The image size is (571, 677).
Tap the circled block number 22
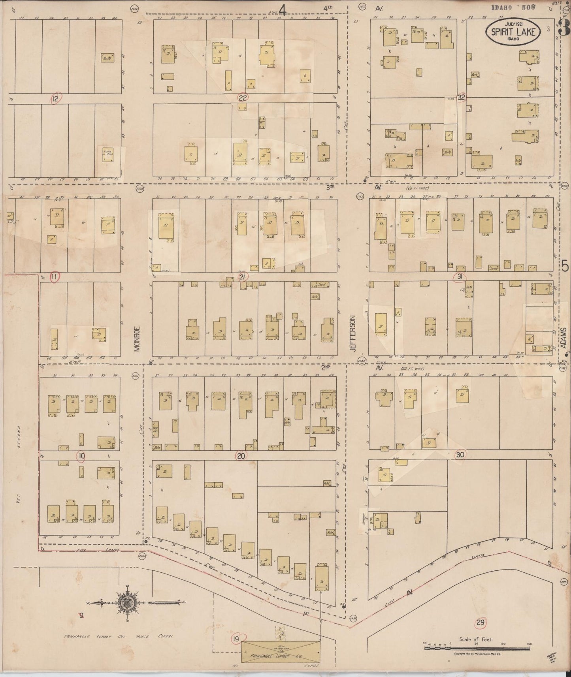coord(243,98)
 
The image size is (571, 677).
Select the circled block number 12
coord(55,99)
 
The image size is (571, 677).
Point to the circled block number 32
coord(461,98)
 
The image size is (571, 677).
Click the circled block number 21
coord(243,277)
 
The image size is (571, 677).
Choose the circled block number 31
coord(460,277)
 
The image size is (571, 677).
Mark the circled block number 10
coord(81,456)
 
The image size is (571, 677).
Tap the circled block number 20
coord(241,456)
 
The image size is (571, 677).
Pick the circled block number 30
coord(460,455)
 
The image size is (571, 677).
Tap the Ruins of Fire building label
coord(108,153)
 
